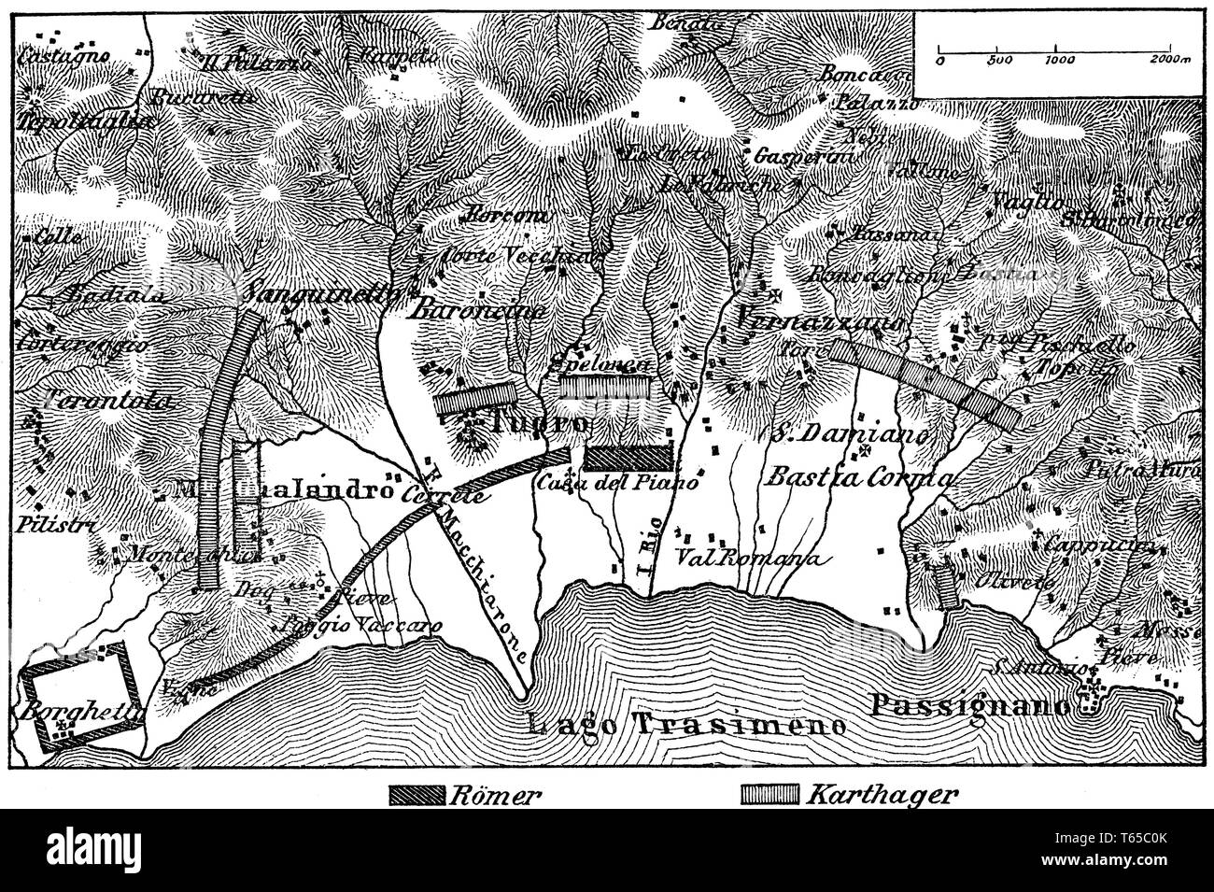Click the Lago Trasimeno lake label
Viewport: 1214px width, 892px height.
(x=686, y=724)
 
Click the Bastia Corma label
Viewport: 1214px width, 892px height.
(x=859, y=477)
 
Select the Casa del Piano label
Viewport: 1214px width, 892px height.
(x=617, y=483)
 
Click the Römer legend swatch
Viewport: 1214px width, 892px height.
(x=417, y=796)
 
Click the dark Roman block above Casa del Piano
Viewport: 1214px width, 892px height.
(x=629, y=456)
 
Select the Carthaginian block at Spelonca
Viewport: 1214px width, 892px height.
(x=603, y=385)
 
